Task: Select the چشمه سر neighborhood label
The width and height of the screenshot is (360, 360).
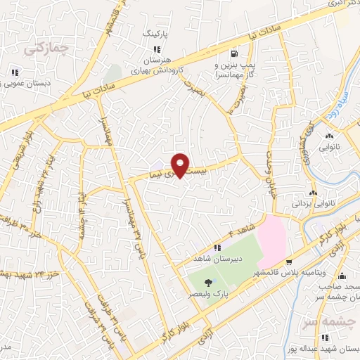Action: point(328,323)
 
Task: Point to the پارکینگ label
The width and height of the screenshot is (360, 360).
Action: point(156,33)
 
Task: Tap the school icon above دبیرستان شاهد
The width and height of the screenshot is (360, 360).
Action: point(218,247)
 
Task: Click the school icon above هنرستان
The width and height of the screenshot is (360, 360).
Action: point(157,49)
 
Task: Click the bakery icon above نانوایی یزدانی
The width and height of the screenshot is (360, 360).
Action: point(313,193)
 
